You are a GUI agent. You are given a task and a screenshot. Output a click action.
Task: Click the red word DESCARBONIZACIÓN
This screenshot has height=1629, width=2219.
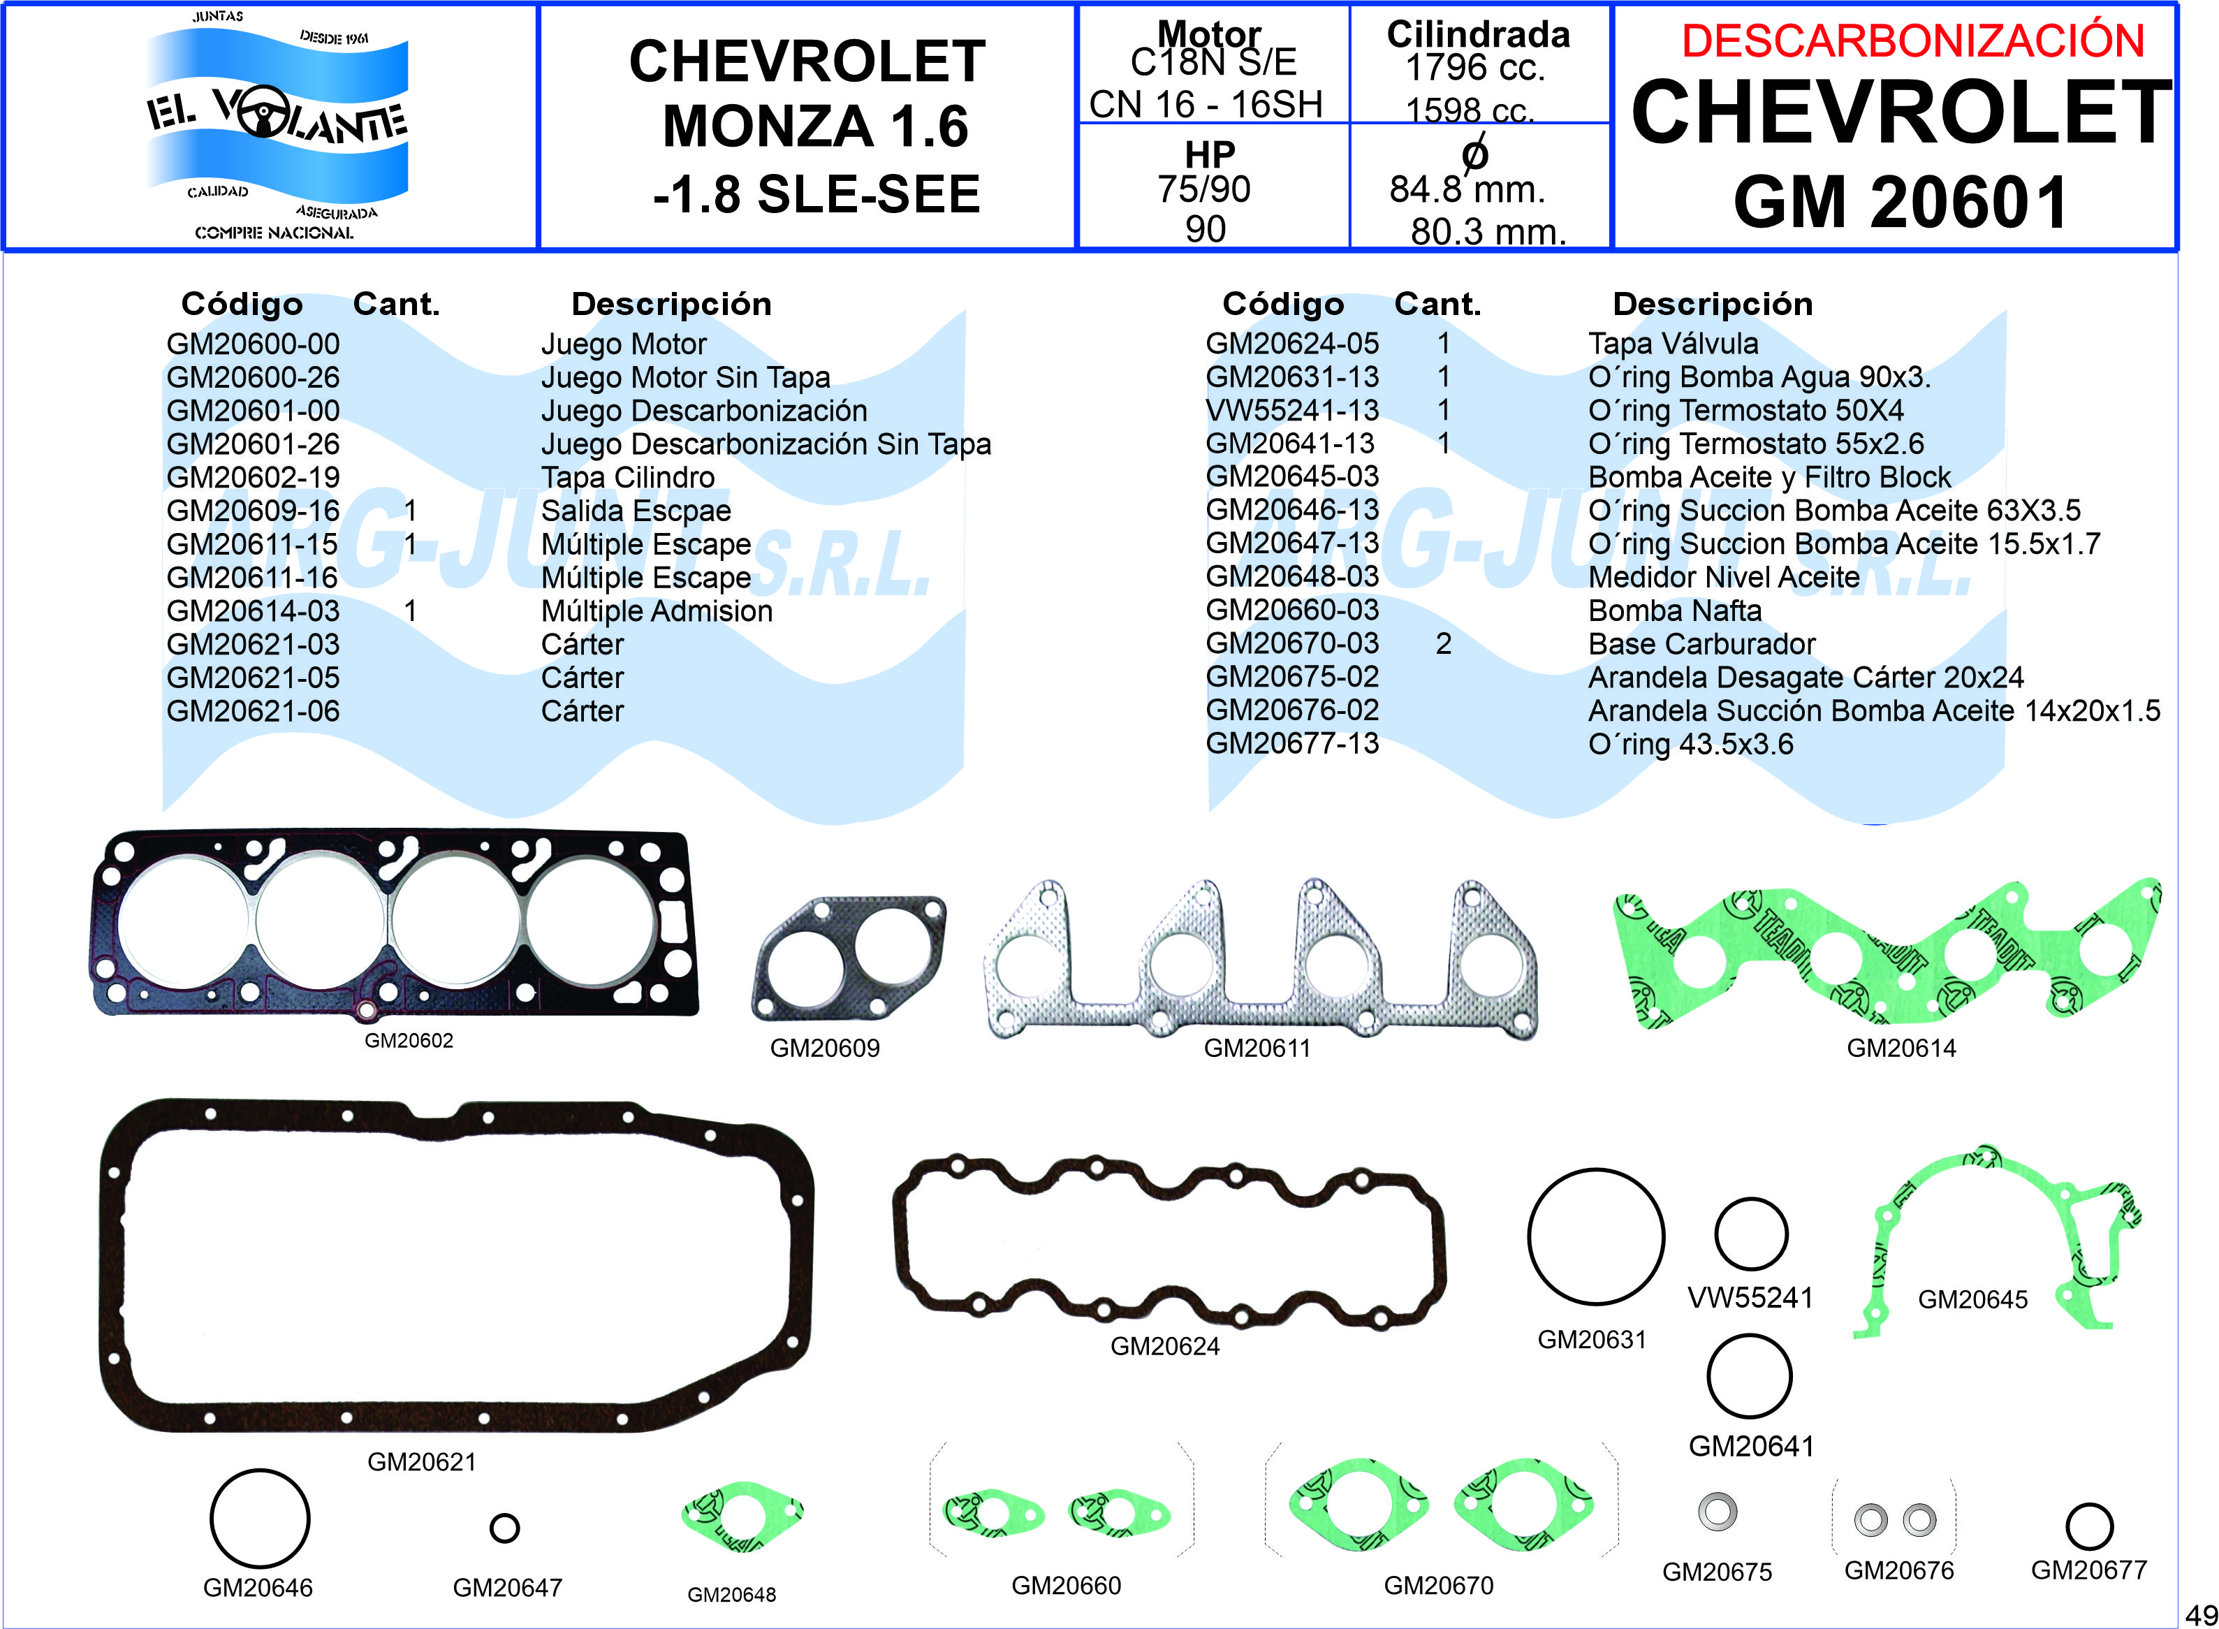[x=1913, y=41]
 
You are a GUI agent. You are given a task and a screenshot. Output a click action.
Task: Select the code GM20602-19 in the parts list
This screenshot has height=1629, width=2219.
[x=254, y=477]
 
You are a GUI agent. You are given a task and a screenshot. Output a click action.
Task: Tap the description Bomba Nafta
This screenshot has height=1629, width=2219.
[x=1675, y=611]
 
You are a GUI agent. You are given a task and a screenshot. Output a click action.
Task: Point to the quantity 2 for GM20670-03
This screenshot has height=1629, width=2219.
[x=1443, y=644]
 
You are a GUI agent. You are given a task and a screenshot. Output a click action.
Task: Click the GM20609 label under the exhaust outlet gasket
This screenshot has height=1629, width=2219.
[x=824, y=1049]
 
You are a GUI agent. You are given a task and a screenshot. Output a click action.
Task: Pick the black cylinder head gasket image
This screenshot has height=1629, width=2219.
[x=395, y=924]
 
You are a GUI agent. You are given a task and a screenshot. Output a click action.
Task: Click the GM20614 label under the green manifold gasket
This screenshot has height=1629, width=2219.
[x=1902, y=1049]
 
